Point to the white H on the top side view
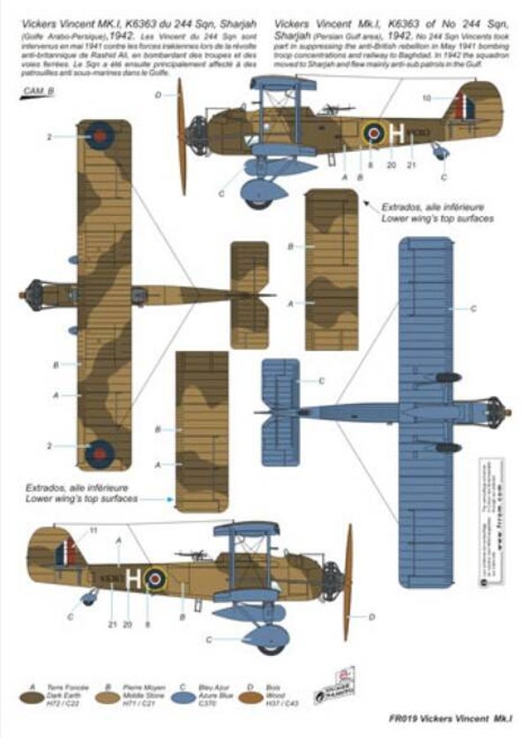point(399,134)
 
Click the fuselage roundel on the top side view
point(374,134)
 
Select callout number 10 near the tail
point(427,96)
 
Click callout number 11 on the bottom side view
point(94,531)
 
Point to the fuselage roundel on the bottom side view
point(156,578)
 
